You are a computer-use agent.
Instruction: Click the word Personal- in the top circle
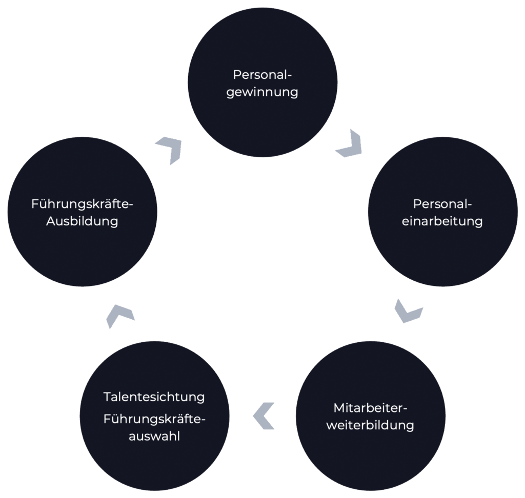pyautogui.click(x=262, y=75)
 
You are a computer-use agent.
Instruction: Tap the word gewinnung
pyautogui.click(x=262, y=93)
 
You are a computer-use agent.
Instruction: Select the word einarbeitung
pyautogui.click(x=442, y=221)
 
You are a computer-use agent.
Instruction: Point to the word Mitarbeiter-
pyautogui.click(x=370, y=408)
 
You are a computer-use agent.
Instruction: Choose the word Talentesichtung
pyautogui.click(x=154, y=397)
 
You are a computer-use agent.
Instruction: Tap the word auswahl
pyautogui.click(x=154, y=437)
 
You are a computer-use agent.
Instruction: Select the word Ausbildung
pyautogui.click(x=82, y=222)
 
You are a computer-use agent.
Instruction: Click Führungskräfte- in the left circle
pyautogui.click(x=82, y=204)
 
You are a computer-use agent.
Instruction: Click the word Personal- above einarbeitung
pyautogui.click(x=442, y=204)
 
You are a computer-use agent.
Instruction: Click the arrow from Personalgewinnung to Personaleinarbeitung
pyautogui.click(x=349, y=145)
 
